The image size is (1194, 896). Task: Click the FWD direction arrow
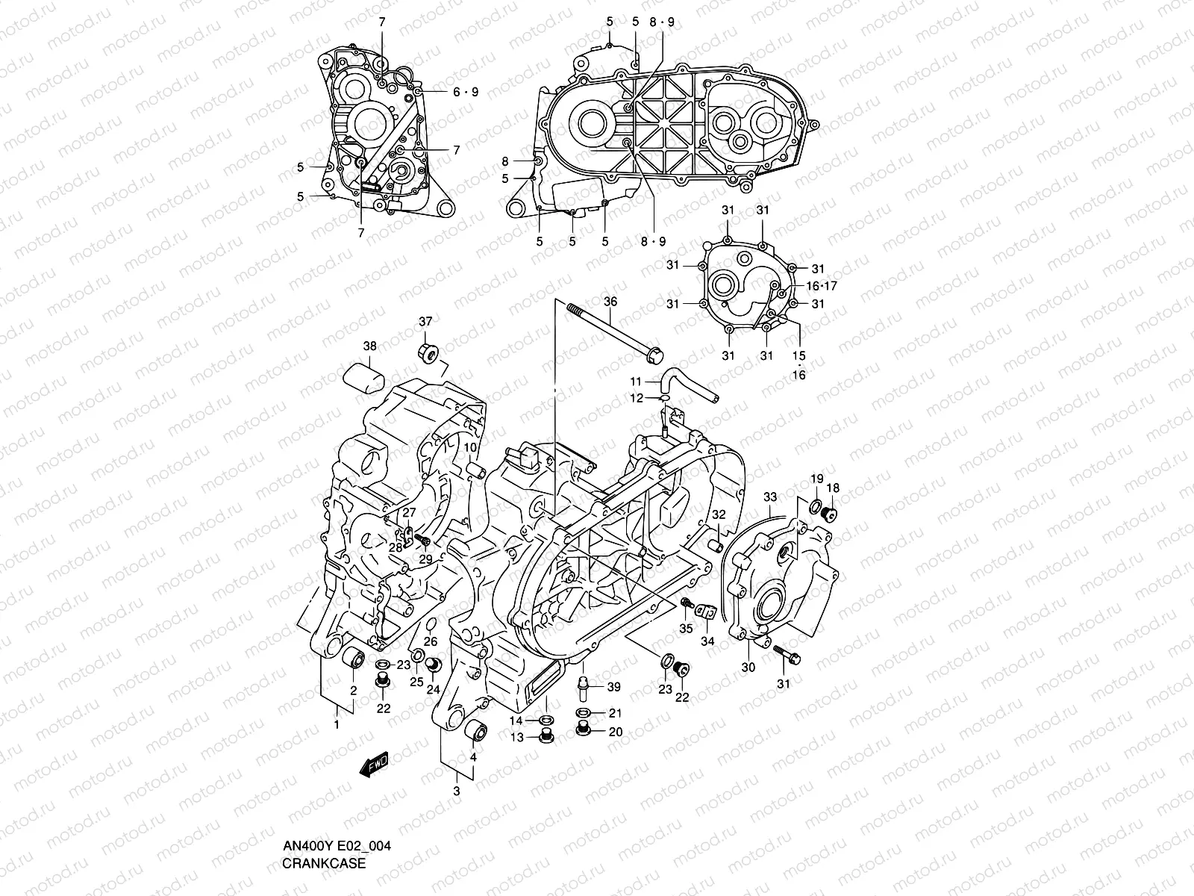coord(374,763)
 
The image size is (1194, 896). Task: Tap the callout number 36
coord(610,302)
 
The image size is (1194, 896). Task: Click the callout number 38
coord(369,346)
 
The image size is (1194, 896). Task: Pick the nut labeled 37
coord(428,352)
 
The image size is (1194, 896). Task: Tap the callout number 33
coord(770,497)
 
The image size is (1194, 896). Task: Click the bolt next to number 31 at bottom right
coord(787,654)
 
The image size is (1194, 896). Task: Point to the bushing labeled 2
coord(352,661)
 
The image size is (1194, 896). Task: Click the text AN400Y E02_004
coord(337,846)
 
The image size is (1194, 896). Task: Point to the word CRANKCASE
coord(323,864)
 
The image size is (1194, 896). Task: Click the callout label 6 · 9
coord(465,92)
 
